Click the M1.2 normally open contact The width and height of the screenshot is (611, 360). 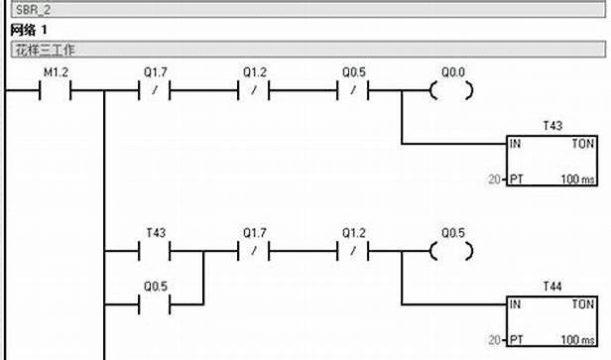pyautogui.click(x=55, y=90)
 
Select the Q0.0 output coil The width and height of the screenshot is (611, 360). pyautogui.click(x=451, y=90)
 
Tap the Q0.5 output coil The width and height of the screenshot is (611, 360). pyautogui.click(x=451, y=251)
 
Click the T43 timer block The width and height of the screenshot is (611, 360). pyautogui.click(x=551, y=161)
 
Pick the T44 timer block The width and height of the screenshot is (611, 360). pyautogui.click(x=551, y=321)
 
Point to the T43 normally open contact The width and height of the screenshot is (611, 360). pyautogui.click(x=155, y=251)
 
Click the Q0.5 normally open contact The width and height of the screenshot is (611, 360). pyautogui.click(x=155, y=304)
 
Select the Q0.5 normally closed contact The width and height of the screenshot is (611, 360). pyautogui.click(x=353, y=90)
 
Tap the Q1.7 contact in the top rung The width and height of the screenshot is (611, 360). pyautogui.click(x=155, y=90)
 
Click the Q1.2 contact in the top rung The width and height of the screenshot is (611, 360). pyautogui.click(x=254, y=90)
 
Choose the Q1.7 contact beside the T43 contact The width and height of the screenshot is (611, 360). pyautogui.click(x=254, y=251)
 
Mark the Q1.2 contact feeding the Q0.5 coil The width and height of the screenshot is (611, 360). pyautogui.click(x=353, y=251)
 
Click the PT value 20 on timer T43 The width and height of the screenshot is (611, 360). pyautogui.click(x=494, y=180)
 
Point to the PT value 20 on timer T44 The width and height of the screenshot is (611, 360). pyautogui.click(x=494, y=340)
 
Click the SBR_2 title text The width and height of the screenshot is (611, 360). pyautogui.click(x=33, y=10)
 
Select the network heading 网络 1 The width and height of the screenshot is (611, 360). pyautogui.click(x=29, y=30)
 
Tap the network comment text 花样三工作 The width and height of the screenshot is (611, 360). pyautogui.click(x=45, y=50)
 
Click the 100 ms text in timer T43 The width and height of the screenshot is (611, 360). pyautogui.click(x=577, y=180)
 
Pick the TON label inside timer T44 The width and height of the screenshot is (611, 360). pyautogui.click(x=583, y=303)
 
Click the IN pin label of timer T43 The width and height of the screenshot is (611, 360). pyautogui.click(x=515, y=144)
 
